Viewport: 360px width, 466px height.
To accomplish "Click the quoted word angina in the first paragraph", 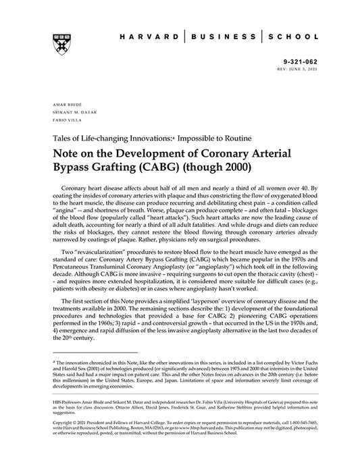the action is (x=66, y=210).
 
